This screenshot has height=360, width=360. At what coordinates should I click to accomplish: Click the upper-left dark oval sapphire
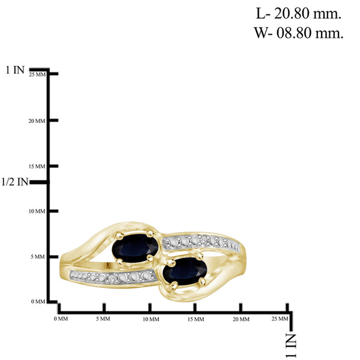coord(135,248)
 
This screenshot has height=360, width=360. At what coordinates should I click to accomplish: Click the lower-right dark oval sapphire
coord(185,271)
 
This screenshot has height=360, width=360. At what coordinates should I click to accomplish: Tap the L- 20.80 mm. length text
coord(298,14)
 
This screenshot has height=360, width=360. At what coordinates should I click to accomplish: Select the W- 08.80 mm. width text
coord(298,33)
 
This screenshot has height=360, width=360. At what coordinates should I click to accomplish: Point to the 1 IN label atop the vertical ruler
coord(15,70)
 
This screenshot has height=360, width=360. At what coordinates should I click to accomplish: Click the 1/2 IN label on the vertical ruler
coord(14,182)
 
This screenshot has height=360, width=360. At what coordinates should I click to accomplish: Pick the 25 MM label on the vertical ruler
coord(37,74)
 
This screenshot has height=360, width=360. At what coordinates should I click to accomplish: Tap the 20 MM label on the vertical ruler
coord(37,121)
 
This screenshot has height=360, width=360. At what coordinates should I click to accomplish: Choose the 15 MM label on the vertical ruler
coord(37,166)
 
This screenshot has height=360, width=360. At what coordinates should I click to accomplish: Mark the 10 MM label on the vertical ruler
coord(37,211)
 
